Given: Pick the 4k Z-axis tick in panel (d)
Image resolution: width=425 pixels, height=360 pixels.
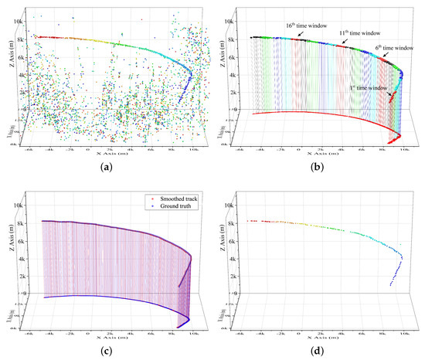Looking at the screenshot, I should (229, 257).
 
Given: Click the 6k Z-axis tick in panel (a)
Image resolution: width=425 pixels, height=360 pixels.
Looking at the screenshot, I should (17, 55).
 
